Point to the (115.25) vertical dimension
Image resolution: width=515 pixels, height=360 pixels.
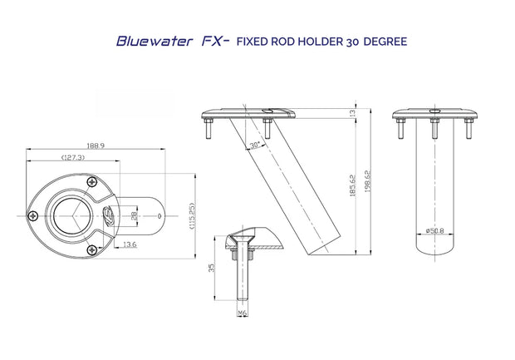(x=192, y=215)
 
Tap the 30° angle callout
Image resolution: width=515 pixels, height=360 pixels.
(x=253, y=144)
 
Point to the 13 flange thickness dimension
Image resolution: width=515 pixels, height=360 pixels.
(x=353, y=113)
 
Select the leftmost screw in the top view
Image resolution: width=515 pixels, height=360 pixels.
(x=33, y=215)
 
